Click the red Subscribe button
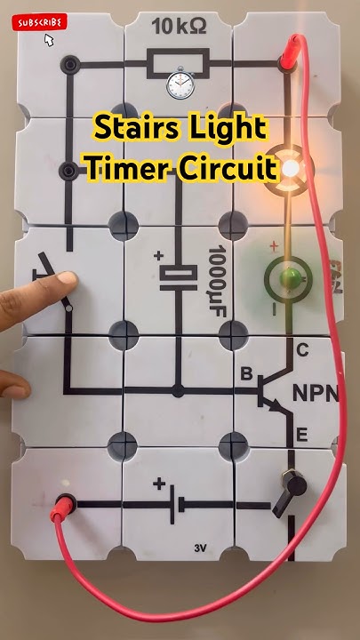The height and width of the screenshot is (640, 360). coord(39,22)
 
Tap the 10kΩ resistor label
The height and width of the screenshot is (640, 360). coord(179,28)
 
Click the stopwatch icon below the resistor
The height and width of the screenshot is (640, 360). coord(180,85)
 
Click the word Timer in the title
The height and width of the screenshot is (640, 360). coord(124,167)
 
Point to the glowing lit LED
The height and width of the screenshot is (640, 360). coord(291,167)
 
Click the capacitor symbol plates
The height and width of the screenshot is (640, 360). coord(179,278)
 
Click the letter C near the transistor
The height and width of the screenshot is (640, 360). coord(302,350)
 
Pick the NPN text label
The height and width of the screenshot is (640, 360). coord(316,392)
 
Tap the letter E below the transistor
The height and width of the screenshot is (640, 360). coord(301,435)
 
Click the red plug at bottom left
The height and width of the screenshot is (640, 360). coord(64,508)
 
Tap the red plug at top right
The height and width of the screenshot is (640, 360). coord(290,58)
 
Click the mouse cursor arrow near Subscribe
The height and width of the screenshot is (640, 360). coord(49,41)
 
